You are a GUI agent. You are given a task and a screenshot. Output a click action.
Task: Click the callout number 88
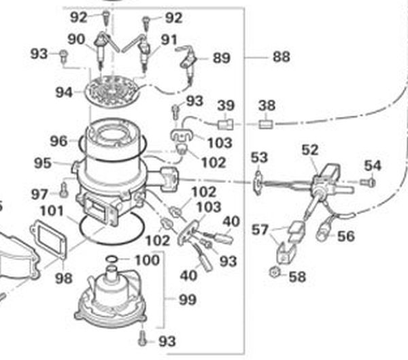click(x=281, y=58)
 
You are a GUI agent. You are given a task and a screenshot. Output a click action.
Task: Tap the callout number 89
click(x=221, y=59)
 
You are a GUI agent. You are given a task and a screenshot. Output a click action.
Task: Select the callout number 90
click(x=75, y=39)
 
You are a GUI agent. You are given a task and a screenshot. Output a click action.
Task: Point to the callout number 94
click(x=65, y=90)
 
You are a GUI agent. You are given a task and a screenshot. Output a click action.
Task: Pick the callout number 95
click(x=44, y=163)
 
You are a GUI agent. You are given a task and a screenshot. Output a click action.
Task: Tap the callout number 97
click(x=39, y=195)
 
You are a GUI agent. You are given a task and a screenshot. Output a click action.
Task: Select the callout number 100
click(x=147, y=260)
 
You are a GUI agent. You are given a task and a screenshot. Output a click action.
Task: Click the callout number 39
click(x=226, y=105)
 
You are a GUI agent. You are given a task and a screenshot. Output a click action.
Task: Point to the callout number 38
click(x=267, y=105)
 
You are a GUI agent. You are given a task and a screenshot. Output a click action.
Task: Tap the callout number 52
click(x=310, y=150)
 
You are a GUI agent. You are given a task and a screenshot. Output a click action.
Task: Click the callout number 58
click(x=297, y=277)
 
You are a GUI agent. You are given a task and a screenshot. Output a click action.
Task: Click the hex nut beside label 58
click(x=272, y=273)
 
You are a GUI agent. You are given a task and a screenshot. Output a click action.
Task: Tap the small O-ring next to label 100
click(x=114, y=259)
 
